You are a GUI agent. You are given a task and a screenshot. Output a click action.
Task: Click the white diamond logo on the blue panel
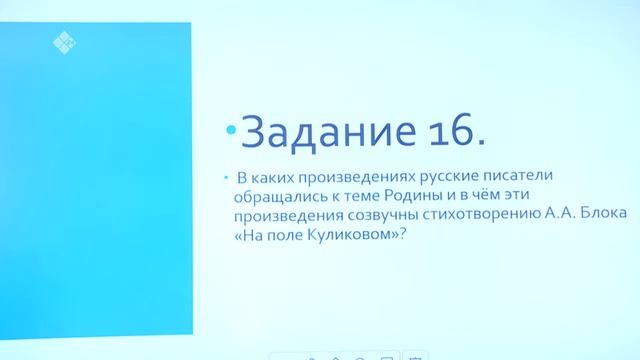pos(64,42)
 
